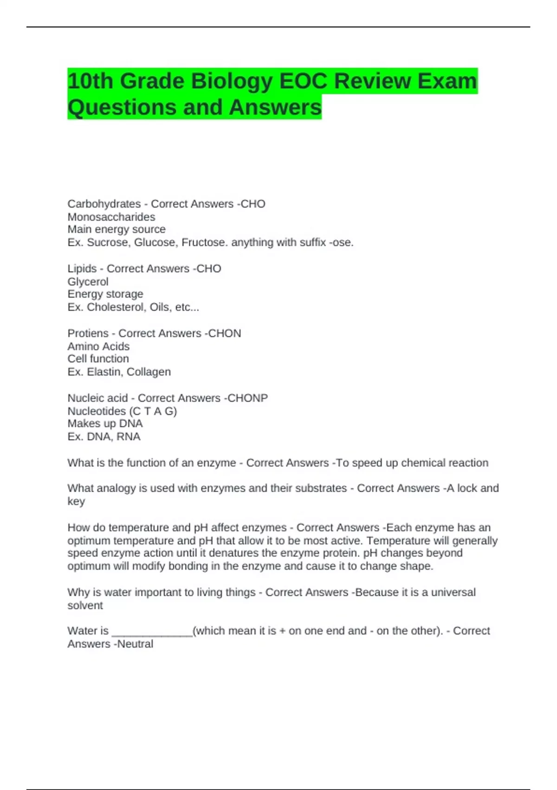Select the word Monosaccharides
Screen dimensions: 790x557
(x=111, y=217)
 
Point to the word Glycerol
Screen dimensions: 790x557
(x=88, y=282)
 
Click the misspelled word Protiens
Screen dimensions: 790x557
(x=88, y=334)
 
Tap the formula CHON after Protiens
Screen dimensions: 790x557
(x=225, y=334)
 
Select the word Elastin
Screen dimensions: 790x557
(x=104, y=372)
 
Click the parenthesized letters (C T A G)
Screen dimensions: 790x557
(x=154, y=411)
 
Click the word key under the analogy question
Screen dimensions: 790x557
(x=76, y=501)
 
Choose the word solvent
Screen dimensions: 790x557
(x=85, y=606)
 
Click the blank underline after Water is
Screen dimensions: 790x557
(x=152, y=633)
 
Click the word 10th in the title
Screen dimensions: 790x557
(x=90, y=82)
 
